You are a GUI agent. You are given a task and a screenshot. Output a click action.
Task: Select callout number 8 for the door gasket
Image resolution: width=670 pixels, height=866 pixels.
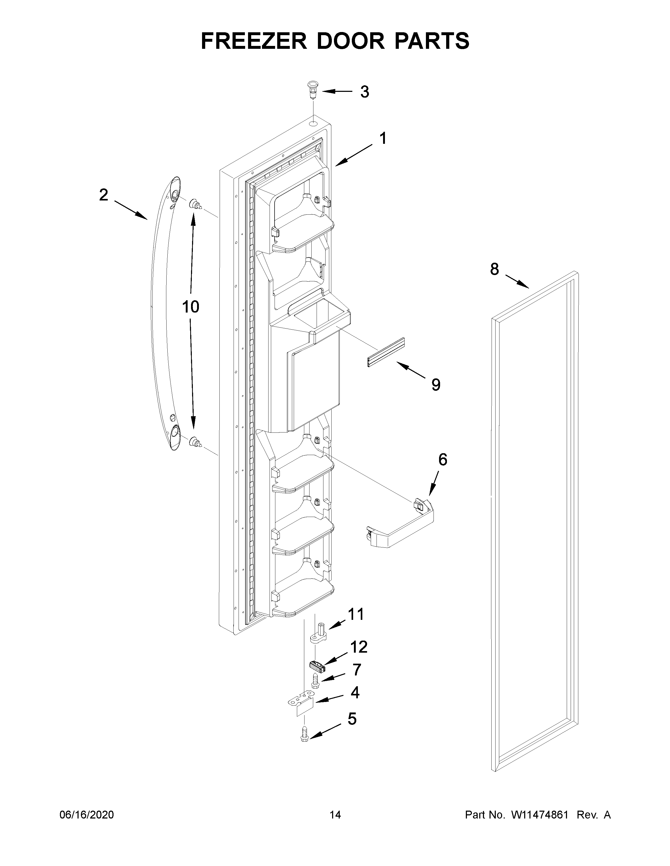(494, 269)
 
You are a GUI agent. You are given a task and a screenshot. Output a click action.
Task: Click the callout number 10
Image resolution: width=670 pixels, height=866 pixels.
(190, 307)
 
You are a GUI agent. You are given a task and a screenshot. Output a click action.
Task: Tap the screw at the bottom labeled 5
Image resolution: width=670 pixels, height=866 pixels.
(305, 734)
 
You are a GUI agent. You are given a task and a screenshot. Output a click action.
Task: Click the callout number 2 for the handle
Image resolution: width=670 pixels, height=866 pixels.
(104, 195)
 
